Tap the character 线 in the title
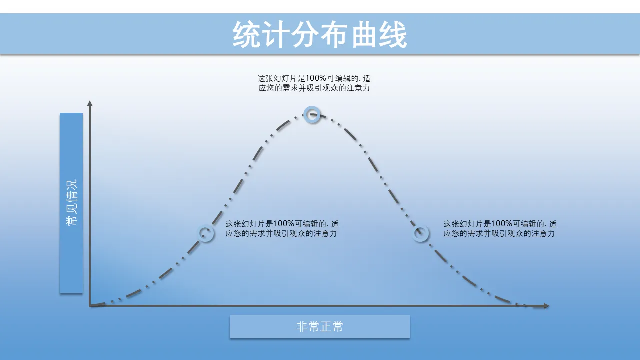393,35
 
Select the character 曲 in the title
363,35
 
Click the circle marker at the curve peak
312,115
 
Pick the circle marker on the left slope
205,233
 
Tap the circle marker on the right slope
420,233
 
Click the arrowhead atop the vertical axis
90,103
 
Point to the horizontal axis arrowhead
546,306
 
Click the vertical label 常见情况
71,202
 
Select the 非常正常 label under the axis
319,326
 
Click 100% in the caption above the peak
316,78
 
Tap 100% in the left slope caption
284,223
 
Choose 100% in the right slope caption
502,223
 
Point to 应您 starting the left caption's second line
233,233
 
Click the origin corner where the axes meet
90,306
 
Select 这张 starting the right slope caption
451,223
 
